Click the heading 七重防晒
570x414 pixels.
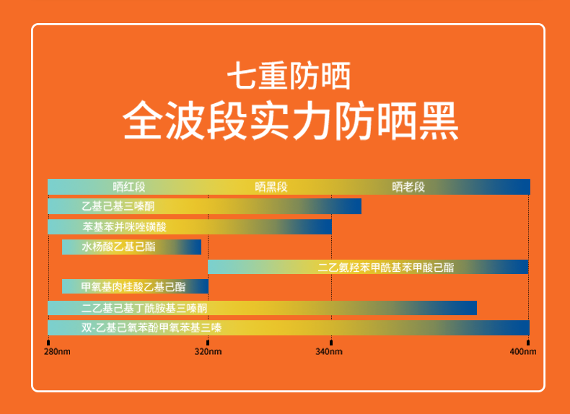(289, 76)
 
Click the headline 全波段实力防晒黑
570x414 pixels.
(291, 121)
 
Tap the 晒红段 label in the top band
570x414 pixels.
(129, 187)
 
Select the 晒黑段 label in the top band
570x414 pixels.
(271, 187)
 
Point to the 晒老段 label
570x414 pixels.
(408, 187)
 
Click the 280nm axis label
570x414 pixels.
(57, 351)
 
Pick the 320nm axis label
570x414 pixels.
(208, 351)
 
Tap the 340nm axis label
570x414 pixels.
(329, 351)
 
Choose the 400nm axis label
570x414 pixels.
(523, 351)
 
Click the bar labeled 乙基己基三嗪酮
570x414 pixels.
(205, 206)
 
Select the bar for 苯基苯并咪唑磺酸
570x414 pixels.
(190, 226)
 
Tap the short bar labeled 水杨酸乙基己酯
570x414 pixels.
(131, 247)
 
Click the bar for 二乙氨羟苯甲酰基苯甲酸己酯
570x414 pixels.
(368, 267)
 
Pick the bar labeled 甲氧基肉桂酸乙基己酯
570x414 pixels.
(135, 286)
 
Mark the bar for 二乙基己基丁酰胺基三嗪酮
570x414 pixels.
(262, 308)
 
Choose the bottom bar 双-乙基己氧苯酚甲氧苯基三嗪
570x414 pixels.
(289, 327)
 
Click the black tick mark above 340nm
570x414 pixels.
(330, 343)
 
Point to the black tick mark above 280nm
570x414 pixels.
(48, 343)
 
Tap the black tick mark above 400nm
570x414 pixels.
(528, 343)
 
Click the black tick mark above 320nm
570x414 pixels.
(208, 343)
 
